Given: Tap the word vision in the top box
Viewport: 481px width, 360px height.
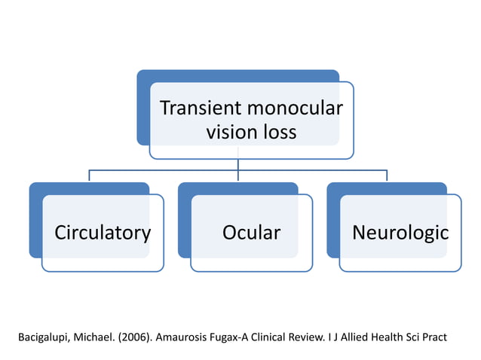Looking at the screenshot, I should [229, 133].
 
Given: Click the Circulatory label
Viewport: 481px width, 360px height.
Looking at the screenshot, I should [102, 233].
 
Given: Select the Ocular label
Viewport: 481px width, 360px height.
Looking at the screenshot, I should [251, 233].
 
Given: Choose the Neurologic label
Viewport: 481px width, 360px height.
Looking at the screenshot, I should [400, 233].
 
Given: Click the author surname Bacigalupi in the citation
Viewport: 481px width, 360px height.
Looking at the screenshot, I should [46, 337].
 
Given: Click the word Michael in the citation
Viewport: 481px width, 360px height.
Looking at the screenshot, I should [97, 337].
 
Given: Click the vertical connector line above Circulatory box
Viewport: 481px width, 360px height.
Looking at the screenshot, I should [90, 175].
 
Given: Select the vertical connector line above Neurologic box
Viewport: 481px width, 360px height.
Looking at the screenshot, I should [387, 175].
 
